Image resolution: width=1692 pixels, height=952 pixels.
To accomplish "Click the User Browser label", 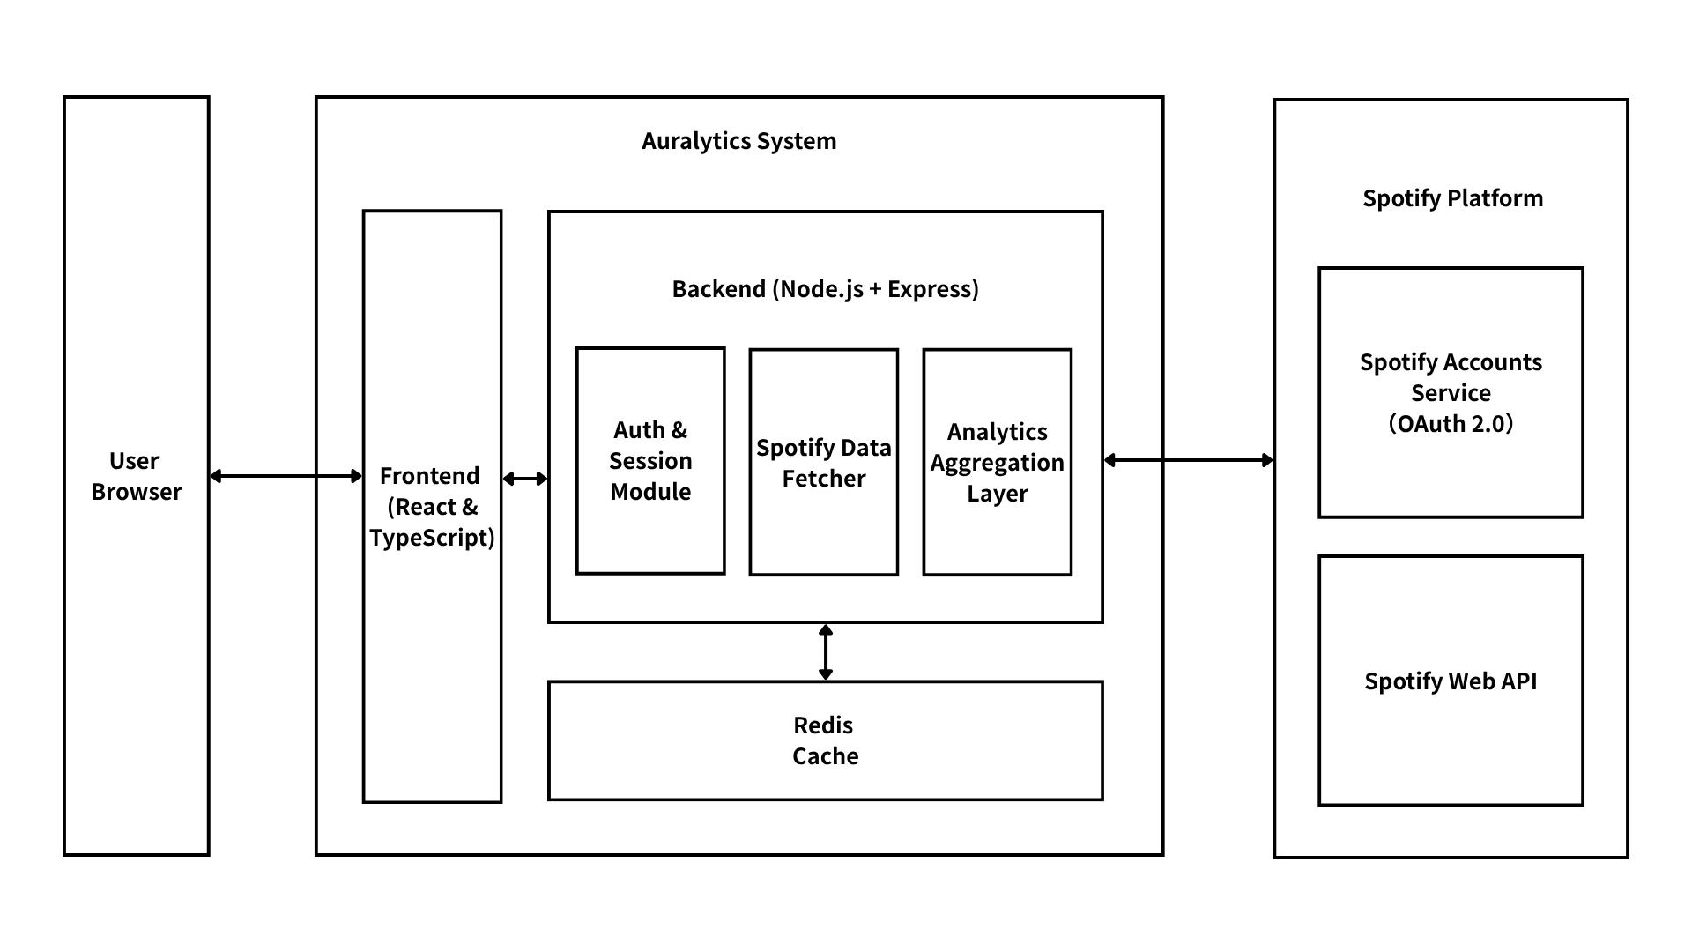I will (x=136, y=476).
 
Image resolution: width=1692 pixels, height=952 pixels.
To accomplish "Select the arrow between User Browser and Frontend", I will (x=286, y=476).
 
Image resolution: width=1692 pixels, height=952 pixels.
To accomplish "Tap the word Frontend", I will (x=430, y=476).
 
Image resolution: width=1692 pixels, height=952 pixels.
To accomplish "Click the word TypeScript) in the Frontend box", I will (x=432, y=538).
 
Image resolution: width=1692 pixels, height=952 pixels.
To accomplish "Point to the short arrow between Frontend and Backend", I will (x=525, y=479).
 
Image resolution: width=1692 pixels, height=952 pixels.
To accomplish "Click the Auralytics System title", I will (x=738, y=141).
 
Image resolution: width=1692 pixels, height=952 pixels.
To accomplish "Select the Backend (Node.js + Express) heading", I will (x=825, y=289).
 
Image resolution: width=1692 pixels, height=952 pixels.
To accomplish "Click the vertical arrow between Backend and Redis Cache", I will (x=826, y=652).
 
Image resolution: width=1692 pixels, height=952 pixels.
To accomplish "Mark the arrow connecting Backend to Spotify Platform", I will (x=1188, y=459).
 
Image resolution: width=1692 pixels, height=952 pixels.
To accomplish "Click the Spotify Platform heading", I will (x=1452, y=198).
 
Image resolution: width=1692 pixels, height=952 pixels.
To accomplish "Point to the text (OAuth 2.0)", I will (x=1451, y=424).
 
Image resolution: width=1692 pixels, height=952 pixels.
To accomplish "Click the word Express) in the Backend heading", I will (x=933, y=289).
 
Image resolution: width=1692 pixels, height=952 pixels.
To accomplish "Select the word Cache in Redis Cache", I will (x=825, y=756).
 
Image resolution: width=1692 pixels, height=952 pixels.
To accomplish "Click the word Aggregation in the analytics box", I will (x=998, y=463).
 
